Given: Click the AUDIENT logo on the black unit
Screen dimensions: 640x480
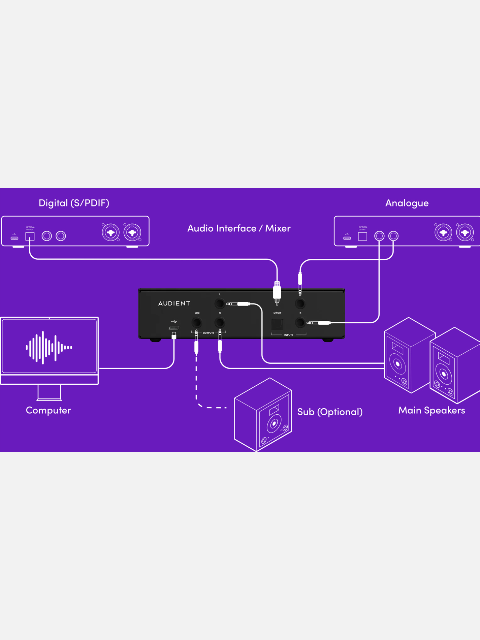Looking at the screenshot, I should pos(174,303).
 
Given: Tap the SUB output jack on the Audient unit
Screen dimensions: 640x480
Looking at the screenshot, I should pos(197,323).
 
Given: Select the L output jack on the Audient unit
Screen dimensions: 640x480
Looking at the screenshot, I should pos(220,303).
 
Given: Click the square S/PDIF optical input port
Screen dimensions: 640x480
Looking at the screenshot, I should pos(277,324).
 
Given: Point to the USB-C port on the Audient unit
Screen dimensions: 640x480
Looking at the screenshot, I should pos(174,328).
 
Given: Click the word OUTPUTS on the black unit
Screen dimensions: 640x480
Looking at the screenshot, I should pos(209,333).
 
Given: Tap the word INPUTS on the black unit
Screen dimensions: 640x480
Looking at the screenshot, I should pos(289,335).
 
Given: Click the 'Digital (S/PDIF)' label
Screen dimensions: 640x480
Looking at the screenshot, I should pos(74,203).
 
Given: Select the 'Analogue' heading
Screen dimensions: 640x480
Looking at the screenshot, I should pos(407,203).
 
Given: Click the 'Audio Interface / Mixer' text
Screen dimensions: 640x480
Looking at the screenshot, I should pos(239,228).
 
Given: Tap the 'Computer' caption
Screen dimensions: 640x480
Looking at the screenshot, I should pos(49,410).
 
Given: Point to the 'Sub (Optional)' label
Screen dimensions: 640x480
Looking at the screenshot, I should pos(330,412).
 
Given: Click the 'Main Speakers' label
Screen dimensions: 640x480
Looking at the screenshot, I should pos(431,410).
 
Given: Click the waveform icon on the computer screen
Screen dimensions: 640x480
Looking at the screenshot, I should pos(49,348).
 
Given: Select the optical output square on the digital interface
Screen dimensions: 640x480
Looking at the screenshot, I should pos(30,236).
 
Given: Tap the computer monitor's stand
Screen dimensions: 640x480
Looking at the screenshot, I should pos(49,392).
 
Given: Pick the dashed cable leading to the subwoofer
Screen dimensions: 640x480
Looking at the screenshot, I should pos(196,384).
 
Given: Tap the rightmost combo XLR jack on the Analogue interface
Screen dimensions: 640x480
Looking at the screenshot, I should pos(465,232).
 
